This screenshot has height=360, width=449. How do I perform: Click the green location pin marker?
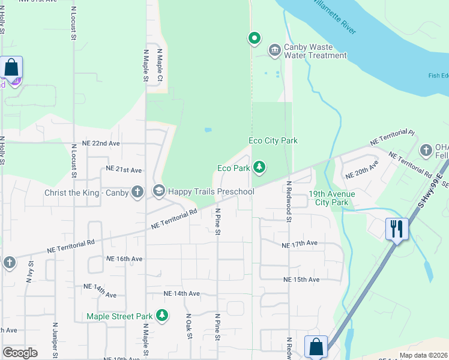(254, 39)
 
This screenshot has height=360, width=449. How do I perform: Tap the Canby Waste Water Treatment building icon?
(274, 49)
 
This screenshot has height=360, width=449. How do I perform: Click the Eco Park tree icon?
(259, 167)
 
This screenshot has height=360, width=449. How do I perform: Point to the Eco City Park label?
(273, 141)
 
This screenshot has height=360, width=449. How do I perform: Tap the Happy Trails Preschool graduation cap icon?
(159, 191)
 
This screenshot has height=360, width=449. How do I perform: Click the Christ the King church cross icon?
(137, 192)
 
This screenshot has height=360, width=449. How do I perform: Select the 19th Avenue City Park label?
(331, 198)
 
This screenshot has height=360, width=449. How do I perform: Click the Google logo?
(20, 352)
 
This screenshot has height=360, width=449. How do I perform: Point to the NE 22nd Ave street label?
(96, 145)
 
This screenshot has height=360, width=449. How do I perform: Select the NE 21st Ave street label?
(123, 170)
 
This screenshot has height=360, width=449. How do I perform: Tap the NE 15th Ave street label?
(301, 280)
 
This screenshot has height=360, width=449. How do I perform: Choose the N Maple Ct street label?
(160, 67)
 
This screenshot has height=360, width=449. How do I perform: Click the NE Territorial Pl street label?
(393, 137)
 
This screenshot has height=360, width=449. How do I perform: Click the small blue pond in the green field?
(207, 129)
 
